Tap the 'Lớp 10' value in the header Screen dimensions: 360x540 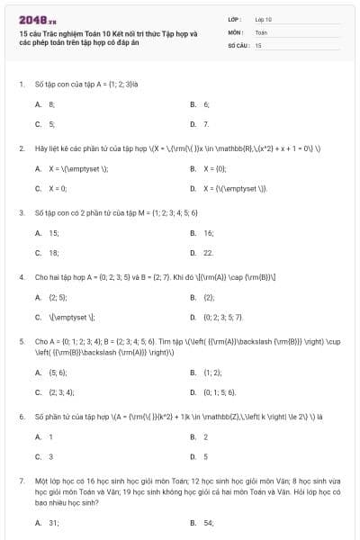pyautogui.click(x=264, y=18)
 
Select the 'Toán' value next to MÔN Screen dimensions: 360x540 pyautogui.click(x=261, y=31)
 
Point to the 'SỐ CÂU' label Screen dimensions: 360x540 pyautogui.click(x=238, y=44)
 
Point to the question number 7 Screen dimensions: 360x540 pyautogui.click(x=22, y=482)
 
